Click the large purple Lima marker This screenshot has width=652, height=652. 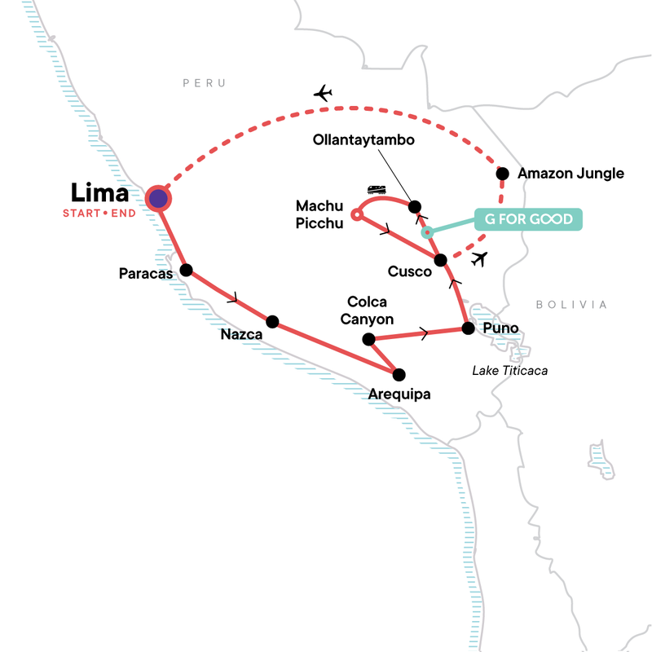[158, 198]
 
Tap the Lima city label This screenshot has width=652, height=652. [99, 194]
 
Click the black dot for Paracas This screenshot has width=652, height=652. [186, 271]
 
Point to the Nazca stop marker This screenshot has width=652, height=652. [272, 322]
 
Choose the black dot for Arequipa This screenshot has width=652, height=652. [399, 375]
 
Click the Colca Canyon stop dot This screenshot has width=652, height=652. [368, 339]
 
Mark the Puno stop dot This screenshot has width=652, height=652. [468, 328]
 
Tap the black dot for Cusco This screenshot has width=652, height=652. [441, 261]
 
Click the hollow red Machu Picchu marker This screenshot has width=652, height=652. [355, 215]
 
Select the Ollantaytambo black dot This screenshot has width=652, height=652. [414, 206]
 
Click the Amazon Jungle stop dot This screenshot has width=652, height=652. [503, 173]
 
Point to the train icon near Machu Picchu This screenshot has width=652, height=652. [377, 190]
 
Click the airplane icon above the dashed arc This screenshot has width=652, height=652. [324, 94]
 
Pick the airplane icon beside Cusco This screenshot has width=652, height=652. [480, 259]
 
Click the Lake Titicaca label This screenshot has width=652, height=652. [509, 371]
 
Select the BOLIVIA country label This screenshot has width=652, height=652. [571, 305]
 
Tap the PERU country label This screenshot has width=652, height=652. [203, 83]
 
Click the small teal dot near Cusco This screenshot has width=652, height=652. [426, 232]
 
